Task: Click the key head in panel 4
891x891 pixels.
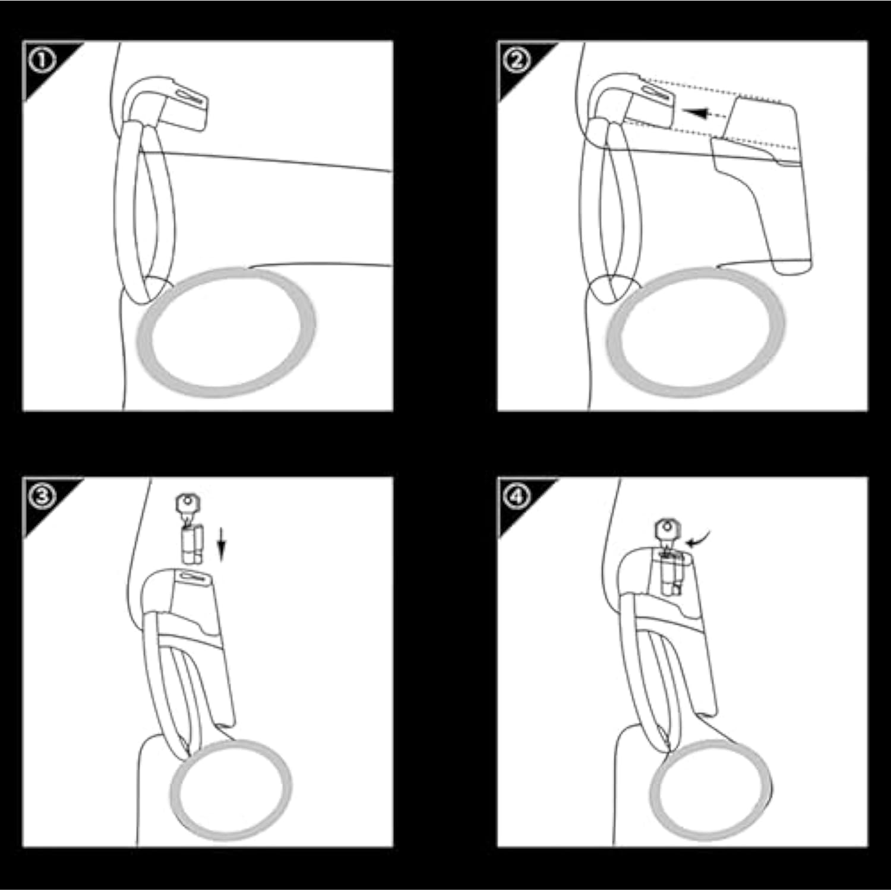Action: point(668,529)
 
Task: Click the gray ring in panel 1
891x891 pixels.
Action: point(226,332)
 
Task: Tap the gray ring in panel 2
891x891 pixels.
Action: point(696,332)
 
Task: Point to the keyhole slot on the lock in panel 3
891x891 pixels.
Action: point(191,576)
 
